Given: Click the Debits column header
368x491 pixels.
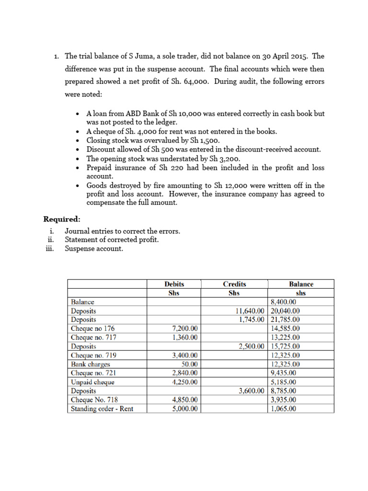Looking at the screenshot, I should [174, 284].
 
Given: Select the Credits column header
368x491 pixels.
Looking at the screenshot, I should [234, 284].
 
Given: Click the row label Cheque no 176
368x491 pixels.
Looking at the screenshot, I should [93, 328].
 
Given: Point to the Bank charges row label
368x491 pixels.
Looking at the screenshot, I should [91, 364].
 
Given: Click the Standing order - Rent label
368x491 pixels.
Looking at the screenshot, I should [102, 409].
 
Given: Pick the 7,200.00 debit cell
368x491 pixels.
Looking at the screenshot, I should [185, 328].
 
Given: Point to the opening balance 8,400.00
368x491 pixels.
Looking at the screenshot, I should [284, 302].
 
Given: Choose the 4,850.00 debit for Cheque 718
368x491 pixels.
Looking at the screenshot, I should [185, 400].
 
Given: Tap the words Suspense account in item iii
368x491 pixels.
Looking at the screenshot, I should [94, 248].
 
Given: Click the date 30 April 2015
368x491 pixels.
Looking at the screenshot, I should [282, 56].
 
